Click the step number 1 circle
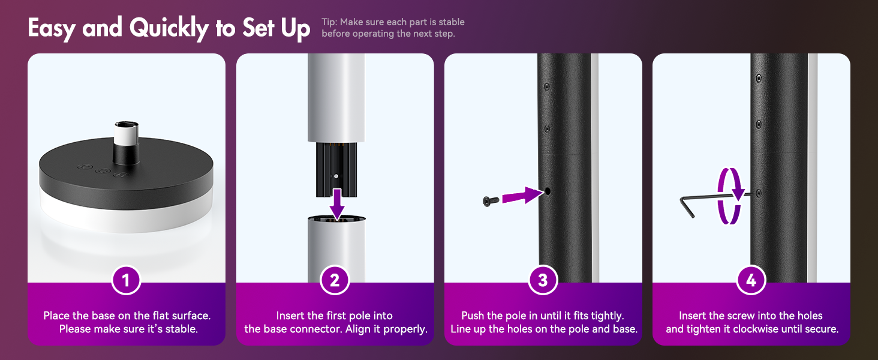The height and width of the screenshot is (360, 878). pyautogui.click(x=126, y=280)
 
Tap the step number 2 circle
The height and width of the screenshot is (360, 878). pyautogui.click(x=334, y=280)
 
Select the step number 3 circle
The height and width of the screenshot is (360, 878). pyautogui.click(x=543, y=280)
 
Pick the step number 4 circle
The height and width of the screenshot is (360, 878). pyautogui.click(x=751, y=280)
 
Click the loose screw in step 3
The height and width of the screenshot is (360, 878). pyautogui.click(x=491, y=201)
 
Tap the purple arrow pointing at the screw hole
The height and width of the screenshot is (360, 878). pyautogui.click(x=522, y=195)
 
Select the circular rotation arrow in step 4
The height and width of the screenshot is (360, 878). pyautogui.click(x=729, y=196)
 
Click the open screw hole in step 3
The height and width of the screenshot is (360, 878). pyautogui.click(x=548, y=191)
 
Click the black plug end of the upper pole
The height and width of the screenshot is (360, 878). pyautogui.click(x=336, y=169)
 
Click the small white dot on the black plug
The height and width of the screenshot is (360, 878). pyautogui.click(x=336, y=176)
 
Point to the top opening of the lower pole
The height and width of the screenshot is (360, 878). pyautogui.click(x=336, y=218)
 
